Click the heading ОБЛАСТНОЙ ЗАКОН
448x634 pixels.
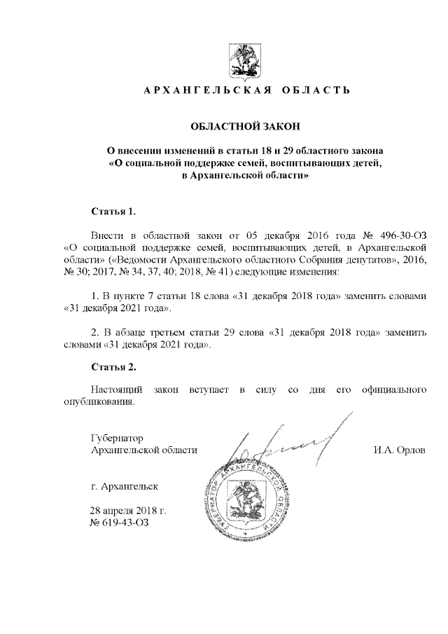(x=245, y=126)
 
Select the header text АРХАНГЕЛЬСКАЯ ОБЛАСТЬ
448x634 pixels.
(x=245, y=90)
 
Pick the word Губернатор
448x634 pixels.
(x=117, y=437)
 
